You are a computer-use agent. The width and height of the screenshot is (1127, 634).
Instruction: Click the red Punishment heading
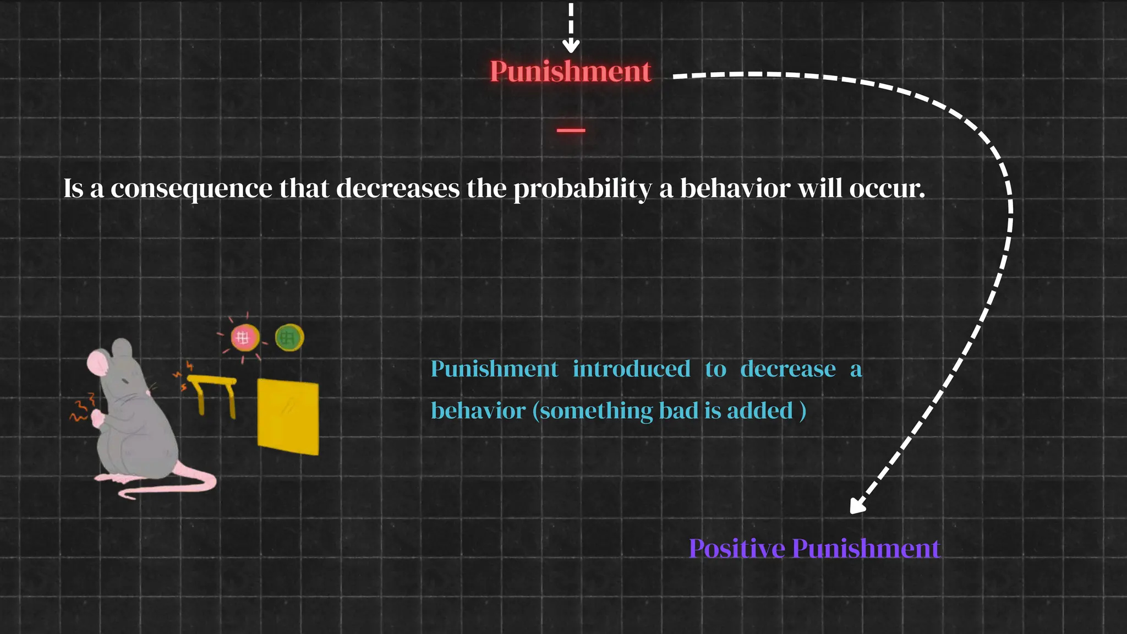coord(570,72)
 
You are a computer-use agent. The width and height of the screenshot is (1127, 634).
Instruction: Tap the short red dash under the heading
coord(571,130)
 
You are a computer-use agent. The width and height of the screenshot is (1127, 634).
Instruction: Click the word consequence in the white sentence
coord(191,189)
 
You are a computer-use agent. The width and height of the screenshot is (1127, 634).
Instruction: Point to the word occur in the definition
coord(887,189)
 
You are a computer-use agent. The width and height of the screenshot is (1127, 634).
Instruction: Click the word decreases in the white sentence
coord(397,189)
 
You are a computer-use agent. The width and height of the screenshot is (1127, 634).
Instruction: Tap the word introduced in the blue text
coord(631,369)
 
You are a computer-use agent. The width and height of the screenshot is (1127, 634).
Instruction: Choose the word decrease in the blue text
coord(787,369)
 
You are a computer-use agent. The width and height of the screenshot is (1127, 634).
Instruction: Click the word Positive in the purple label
coord(736,549)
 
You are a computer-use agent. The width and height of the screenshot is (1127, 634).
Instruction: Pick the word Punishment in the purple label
coord(866,549)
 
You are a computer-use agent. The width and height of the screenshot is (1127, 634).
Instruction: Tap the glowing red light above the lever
coord(244,337)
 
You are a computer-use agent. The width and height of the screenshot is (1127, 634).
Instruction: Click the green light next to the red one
coord(289,337)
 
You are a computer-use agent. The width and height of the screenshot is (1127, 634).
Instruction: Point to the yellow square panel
coord(288,417)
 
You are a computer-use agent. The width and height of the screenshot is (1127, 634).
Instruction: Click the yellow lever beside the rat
coord(213,392)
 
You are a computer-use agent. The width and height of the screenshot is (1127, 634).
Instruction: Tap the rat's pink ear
coord(97,363)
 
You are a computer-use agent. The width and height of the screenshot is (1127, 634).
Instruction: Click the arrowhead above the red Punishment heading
coord(571,45)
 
